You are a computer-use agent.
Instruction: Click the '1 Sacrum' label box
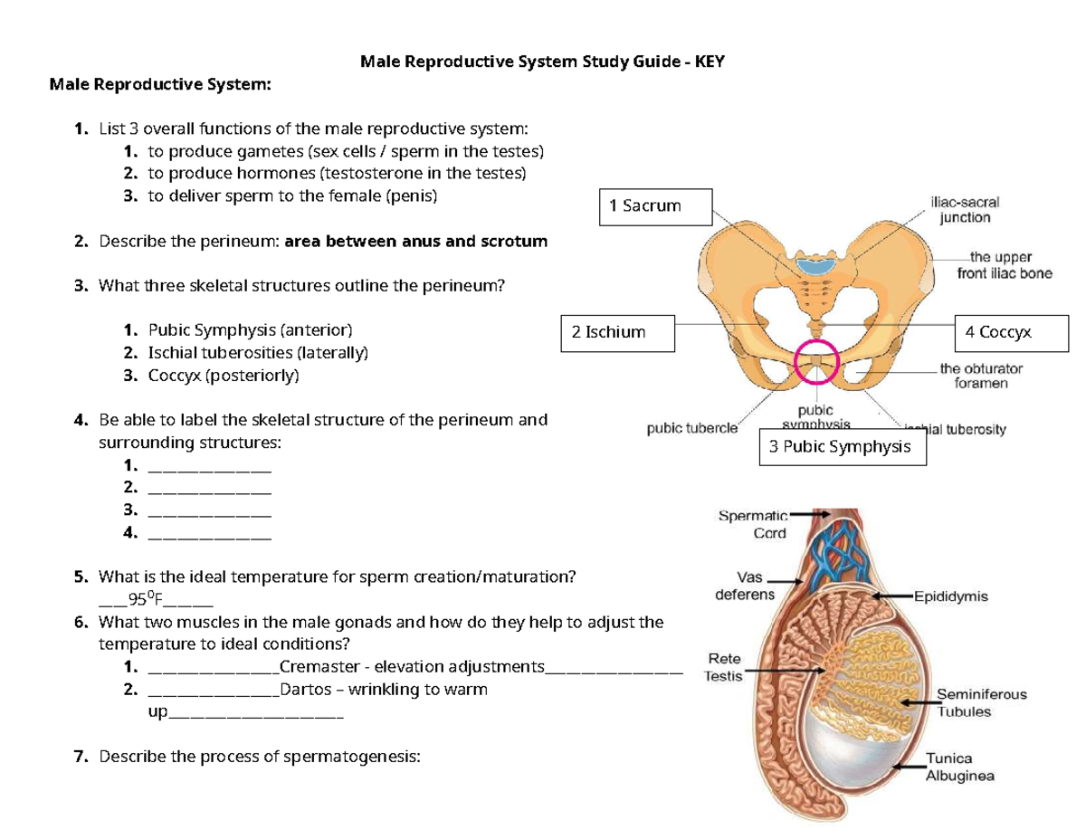click(x=657, y=206)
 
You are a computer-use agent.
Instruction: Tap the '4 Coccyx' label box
click(x=1013, y=332)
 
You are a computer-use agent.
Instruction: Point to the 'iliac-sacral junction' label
click(x=965, y=210)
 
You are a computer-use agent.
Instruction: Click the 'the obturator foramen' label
click(x=981, y=376)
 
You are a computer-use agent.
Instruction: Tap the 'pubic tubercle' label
click(x=692, y=429)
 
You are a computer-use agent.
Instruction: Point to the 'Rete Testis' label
click(x=724, y=667)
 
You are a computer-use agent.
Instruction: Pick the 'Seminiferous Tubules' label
click(x=982, y=702)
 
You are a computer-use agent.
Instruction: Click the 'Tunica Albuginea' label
click(x=959, y=767)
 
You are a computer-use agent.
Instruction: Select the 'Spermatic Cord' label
click(x=753, y=524)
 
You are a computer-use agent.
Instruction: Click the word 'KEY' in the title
click(x=710, y=62)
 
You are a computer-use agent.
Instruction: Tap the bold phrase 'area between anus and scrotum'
click(x=415, y=242)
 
